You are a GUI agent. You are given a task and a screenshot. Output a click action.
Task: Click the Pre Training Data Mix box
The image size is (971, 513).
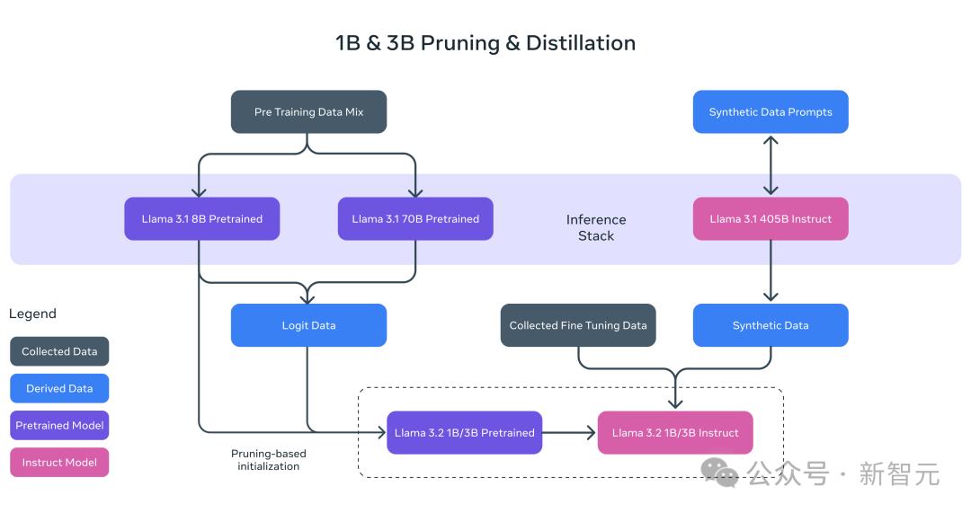[308, 112]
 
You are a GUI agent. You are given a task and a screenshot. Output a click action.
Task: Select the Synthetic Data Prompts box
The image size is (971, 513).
[771, 112]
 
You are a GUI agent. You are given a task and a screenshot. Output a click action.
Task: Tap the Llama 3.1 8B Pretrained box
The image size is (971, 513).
[201, 219]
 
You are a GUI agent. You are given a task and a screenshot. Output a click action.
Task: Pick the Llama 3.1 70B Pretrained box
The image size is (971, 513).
[415, 219]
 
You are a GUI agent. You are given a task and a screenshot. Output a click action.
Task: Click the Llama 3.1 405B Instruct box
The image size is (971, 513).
[771, 219]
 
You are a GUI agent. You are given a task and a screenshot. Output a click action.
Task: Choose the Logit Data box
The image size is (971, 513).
[308, 325]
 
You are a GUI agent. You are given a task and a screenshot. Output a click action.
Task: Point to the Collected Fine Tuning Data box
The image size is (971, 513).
[578, 325]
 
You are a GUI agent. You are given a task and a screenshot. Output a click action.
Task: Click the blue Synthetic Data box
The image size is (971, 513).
[771, 325]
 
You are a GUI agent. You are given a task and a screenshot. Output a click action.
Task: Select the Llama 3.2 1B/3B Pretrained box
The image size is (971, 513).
[464, 433]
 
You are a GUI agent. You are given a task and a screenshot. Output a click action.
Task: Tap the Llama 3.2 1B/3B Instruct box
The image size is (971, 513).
[675, 433]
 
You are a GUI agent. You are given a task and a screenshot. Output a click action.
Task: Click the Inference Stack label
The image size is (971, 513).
[596, 227]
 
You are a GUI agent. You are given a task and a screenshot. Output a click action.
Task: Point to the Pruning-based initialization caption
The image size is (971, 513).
[269, 460]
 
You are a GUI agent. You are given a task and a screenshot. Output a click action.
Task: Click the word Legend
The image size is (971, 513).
[32, 314]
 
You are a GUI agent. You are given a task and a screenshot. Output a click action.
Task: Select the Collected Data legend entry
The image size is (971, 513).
[59, 351]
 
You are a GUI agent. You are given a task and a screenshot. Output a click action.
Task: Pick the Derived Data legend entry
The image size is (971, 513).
[59, 388]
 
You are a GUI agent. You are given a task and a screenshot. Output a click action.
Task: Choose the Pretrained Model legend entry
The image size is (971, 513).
[59, 426]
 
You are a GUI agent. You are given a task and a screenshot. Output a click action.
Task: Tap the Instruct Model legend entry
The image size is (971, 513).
[59, 463]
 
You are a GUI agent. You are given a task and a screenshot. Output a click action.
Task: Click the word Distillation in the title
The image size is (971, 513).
[581, 43]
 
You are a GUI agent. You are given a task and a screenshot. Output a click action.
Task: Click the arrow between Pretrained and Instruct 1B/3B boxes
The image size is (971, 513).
[570, 433]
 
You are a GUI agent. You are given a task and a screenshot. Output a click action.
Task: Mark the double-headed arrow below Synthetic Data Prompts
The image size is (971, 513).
[771, 165]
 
